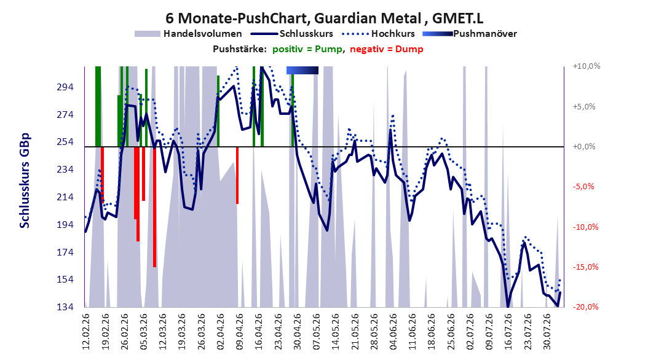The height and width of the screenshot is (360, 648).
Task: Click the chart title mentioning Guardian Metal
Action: click(x=324, y=18)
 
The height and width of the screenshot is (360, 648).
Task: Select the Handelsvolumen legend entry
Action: click(x=189, y=34)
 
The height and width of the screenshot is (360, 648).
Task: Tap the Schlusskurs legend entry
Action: click(x=292, y=34)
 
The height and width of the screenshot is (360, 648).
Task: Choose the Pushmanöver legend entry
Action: click(x=470, y=34)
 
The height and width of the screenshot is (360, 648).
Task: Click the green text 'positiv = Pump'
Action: click(x=307, y=49)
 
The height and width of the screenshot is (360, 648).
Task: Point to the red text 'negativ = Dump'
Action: click(x=387, y=49)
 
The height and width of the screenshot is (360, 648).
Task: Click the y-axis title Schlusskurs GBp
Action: click(x=25, y=181)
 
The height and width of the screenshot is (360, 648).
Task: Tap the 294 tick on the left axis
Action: click(x=65, y=87)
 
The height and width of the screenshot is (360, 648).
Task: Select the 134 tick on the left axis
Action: click(x=65, y=307)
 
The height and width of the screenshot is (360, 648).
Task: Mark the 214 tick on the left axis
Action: click(x=65, y=197)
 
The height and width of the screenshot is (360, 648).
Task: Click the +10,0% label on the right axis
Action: click(x=587, y=66)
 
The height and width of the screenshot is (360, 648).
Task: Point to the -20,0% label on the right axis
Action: click(x=585, y=307)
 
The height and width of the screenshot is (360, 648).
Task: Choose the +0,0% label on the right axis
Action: click(x=584, y=147)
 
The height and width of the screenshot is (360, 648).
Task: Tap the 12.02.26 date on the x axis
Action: click(x=86, y=332)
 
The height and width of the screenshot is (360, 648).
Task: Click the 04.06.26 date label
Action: click(x=393, y=332)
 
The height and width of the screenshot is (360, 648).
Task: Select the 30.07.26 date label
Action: click(x=547, y=332)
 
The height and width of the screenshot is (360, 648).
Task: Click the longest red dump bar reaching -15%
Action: click(x=154, y=207)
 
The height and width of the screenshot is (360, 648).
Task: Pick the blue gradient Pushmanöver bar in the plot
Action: click(x=302, y=71)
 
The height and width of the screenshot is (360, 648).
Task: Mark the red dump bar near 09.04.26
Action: click(x=237, y=175)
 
